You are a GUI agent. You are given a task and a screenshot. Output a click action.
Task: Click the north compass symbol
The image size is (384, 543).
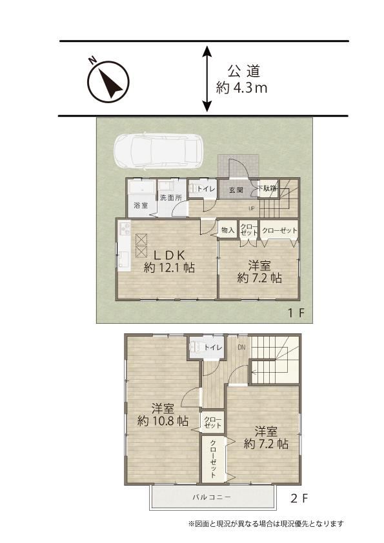pos(108,82)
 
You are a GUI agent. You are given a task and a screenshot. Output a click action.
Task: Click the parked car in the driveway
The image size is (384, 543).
pos(160,152)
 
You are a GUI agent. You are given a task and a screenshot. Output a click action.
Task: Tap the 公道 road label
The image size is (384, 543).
pos(244,72)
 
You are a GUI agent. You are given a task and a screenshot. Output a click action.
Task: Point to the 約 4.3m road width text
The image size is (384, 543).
pos(241,88)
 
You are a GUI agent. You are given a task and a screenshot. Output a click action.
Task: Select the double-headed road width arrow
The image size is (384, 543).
pos(207,79)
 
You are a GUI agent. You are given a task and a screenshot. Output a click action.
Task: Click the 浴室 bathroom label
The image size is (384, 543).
pos(141,205)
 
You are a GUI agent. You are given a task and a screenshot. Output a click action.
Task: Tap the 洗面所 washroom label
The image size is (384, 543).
pos(171,198)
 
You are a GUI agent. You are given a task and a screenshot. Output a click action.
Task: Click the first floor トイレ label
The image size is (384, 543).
pos(207,189)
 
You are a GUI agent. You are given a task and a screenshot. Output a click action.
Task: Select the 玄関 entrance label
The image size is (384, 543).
pos(236,190)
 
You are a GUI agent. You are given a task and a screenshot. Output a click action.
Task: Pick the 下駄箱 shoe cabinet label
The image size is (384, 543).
pos(268,188)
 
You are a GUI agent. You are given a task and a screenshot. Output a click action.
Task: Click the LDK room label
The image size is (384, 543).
pos(169,255)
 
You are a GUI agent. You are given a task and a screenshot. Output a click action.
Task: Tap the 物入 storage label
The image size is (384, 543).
pos(228,230)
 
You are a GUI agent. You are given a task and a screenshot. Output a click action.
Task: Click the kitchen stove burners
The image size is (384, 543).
pos(125,228)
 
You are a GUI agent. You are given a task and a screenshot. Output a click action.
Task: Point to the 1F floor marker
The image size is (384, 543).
pos(296,313)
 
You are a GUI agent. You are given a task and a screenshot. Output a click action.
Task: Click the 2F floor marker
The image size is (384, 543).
pos(299,499)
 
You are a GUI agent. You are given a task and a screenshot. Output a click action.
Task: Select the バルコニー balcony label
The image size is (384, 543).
pos(212,497)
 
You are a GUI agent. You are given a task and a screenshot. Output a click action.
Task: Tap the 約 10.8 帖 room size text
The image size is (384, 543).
pos(163,421)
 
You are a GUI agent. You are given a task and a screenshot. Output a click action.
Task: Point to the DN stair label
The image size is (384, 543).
pos(241,347)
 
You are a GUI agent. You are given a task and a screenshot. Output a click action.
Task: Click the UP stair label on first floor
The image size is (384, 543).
pos(252,208)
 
